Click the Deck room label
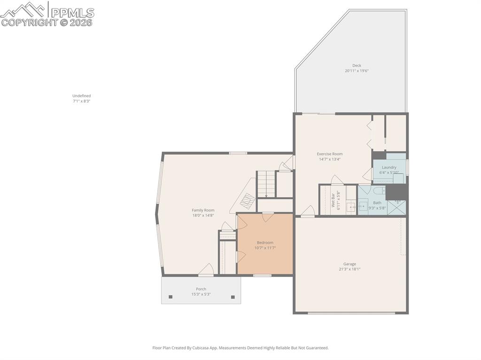(x=357, y=65)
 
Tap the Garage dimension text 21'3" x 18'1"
(x=349, y=269)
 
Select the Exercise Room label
(x=329, y=154)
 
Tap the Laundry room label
(x=389, y=167)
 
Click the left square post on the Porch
(x=171, y=297)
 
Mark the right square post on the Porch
(x=233, y=297)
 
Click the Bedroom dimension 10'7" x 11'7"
(x=265, y=248)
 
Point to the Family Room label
(x=203, y=210)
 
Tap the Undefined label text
(x=81, y=96)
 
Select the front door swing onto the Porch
(x=206, y=270)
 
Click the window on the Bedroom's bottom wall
(x=262, y=275)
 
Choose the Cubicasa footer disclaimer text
(x=240, y=348)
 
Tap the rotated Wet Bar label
(x=333, y=200)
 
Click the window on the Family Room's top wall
(x=238, y=153)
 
